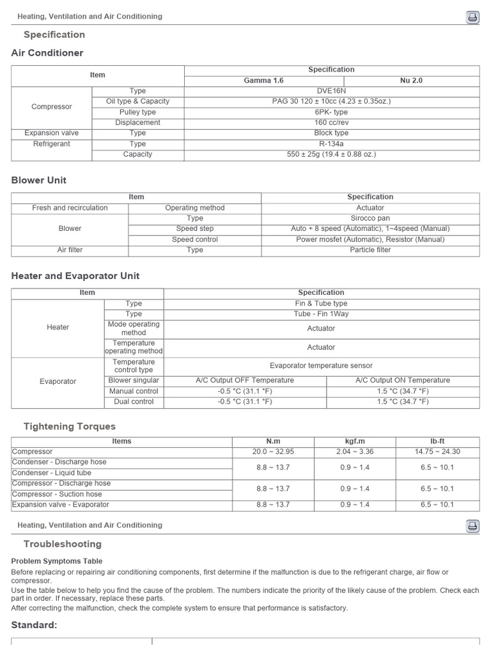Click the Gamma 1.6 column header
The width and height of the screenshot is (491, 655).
click(x=263, y=81)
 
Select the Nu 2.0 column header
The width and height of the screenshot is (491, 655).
click(x=411, y=81)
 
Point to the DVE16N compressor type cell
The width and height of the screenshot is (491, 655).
click(x=331, y=91)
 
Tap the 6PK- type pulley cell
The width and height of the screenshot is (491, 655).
click(x=331, y=112)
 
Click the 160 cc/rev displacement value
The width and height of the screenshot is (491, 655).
click(x=331, y=122)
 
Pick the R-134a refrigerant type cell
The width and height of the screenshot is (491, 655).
click(x=331, y=144)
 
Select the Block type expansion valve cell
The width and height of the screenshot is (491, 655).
click(x=331, y=133)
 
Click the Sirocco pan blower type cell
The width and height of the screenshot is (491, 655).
click(x=370, y=218)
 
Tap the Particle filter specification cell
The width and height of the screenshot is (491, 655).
click(x=370, y=250)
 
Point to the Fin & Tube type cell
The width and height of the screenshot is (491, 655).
click(x=321, y=304)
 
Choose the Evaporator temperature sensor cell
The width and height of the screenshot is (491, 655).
click(x=321, y=366)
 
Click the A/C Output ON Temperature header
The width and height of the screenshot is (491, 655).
click(x=402, y=380)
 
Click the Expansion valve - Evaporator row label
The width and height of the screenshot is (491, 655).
click(x=61, y=505)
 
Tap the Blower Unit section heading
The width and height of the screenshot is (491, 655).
click(x=39, y=180)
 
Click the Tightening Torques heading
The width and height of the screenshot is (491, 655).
click(x=69, y=426)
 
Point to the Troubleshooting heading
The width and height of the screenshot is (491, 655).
click(x=62, y=544)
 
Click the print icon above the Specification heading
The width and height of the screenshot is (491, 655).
click(x=472, y=17)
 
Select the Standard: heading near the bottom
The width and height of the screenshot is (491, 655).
click(x=35, y=625)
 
